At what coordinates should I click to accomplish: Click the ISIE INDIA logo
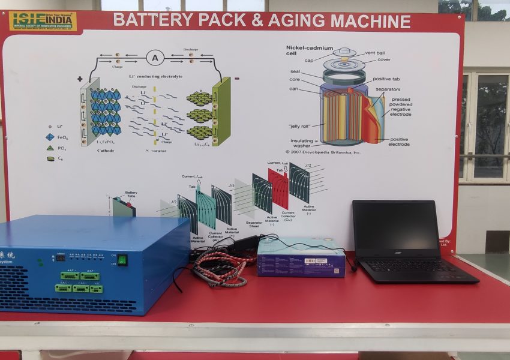click(43, 21)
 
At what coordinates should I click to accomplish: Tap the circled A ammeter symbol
click(155, 58)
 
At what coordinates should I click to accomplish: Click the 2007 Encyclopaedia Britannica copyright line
click(323, 152)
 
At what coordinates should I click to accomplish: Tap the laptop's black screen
click(395, 226)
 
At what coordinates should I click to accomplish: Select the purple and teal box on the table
click(301, 257)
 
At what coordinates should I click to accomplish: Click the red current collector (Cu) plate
click(278, 188)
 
